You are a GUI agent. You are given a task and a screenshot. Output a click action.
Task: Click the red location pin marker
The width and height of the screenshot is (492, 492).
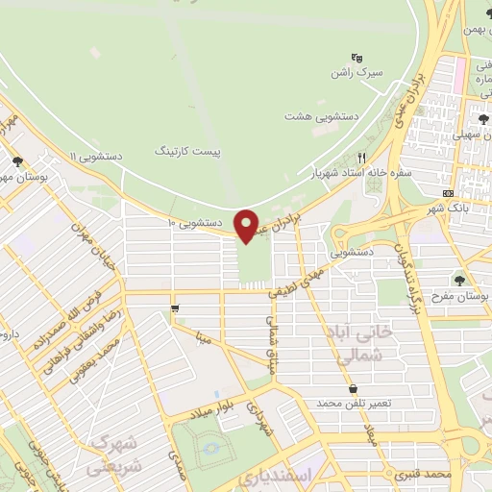(x=247, y=225)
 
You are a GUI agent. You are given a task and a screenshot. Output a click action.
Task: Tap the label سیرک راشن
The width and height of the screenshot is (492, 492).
(x=353, y=72)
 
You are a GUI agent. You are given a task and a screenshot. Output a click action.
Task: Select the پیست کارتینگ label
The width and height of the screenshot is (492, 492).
(x=187, y=151)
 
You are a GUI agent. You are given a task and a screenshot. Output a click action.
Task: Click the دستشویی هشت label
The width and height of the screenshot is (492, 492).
(x=321, y=115)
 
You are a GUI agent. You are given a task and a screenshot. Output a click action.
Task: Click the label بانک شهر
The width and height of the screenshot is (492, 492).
(x=448, y=209)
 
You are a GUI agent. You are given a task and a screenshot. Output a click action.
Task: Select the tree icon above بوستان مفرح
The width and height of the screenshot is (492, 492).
(x=460, y=280)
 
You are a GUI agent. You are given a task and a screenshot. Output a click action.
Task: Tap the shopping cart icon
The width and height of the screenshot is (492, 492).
(x=174, y=308)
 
